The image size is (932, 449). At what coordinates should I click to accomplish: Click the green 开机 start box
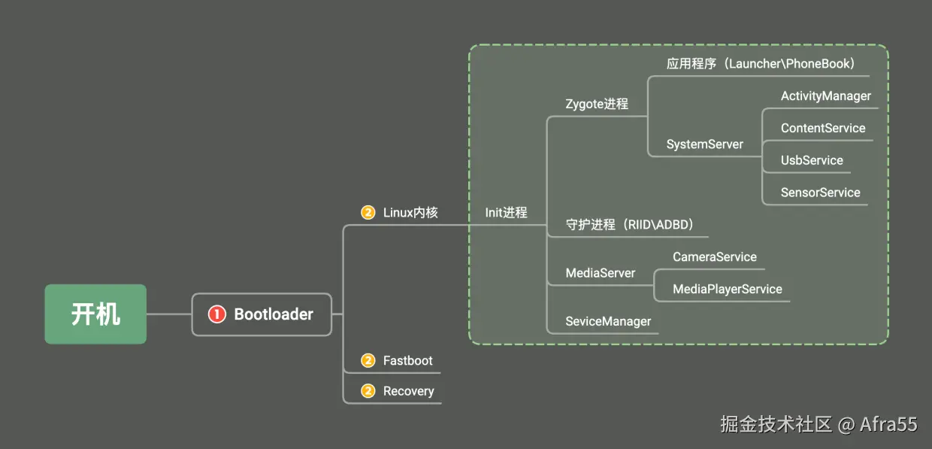tap(95, 314)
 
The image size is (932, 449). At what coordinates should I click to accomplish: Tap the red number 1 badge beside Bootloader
tap(216, 314)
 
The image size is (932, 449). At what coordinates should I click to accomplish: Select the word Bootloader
tap(274, 314)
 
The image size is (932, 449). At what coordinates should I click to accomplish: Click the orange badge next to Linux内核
tap(368, 212)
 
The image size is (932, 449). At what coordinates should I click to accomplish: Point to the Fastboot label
tap(407, 360)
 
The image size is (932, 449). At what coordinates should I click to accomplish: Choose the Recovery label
tap(409, 391)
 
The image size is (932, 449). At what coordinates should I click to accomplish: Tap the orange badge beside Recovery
tap(368, 390)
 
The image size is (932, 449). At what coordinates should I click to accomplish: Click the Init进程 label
tap(506, 212)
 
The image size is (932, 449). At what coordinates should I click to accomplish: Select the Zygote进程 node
tap(597, 104)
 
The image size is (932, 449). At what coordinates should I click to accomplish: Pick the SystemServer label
tap(704, 144)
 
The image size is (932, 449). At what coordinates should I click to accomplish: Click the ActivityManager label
tap(825, 96)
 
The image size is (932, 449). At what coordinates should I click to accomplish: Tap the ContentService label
tap(823, 128)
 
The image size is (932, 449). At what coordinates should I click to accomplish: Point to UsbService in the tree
tap(812, 160)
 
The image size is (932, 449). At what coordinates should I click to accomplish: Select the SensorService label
tap(821, 193)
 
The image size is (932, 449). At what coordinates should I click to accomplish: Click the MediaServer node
tap(600, 273)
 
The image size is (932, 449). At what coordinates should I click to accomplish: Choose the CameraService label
tap(714, 256)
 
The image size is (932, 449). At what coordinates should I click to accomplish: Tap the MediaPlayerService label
tap(728, 289)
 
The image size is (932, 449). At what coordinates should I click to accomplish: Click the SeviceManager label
tap(608, 321)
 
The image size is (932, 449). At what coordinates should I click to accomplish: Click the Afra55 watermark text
tap(888, 424)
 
